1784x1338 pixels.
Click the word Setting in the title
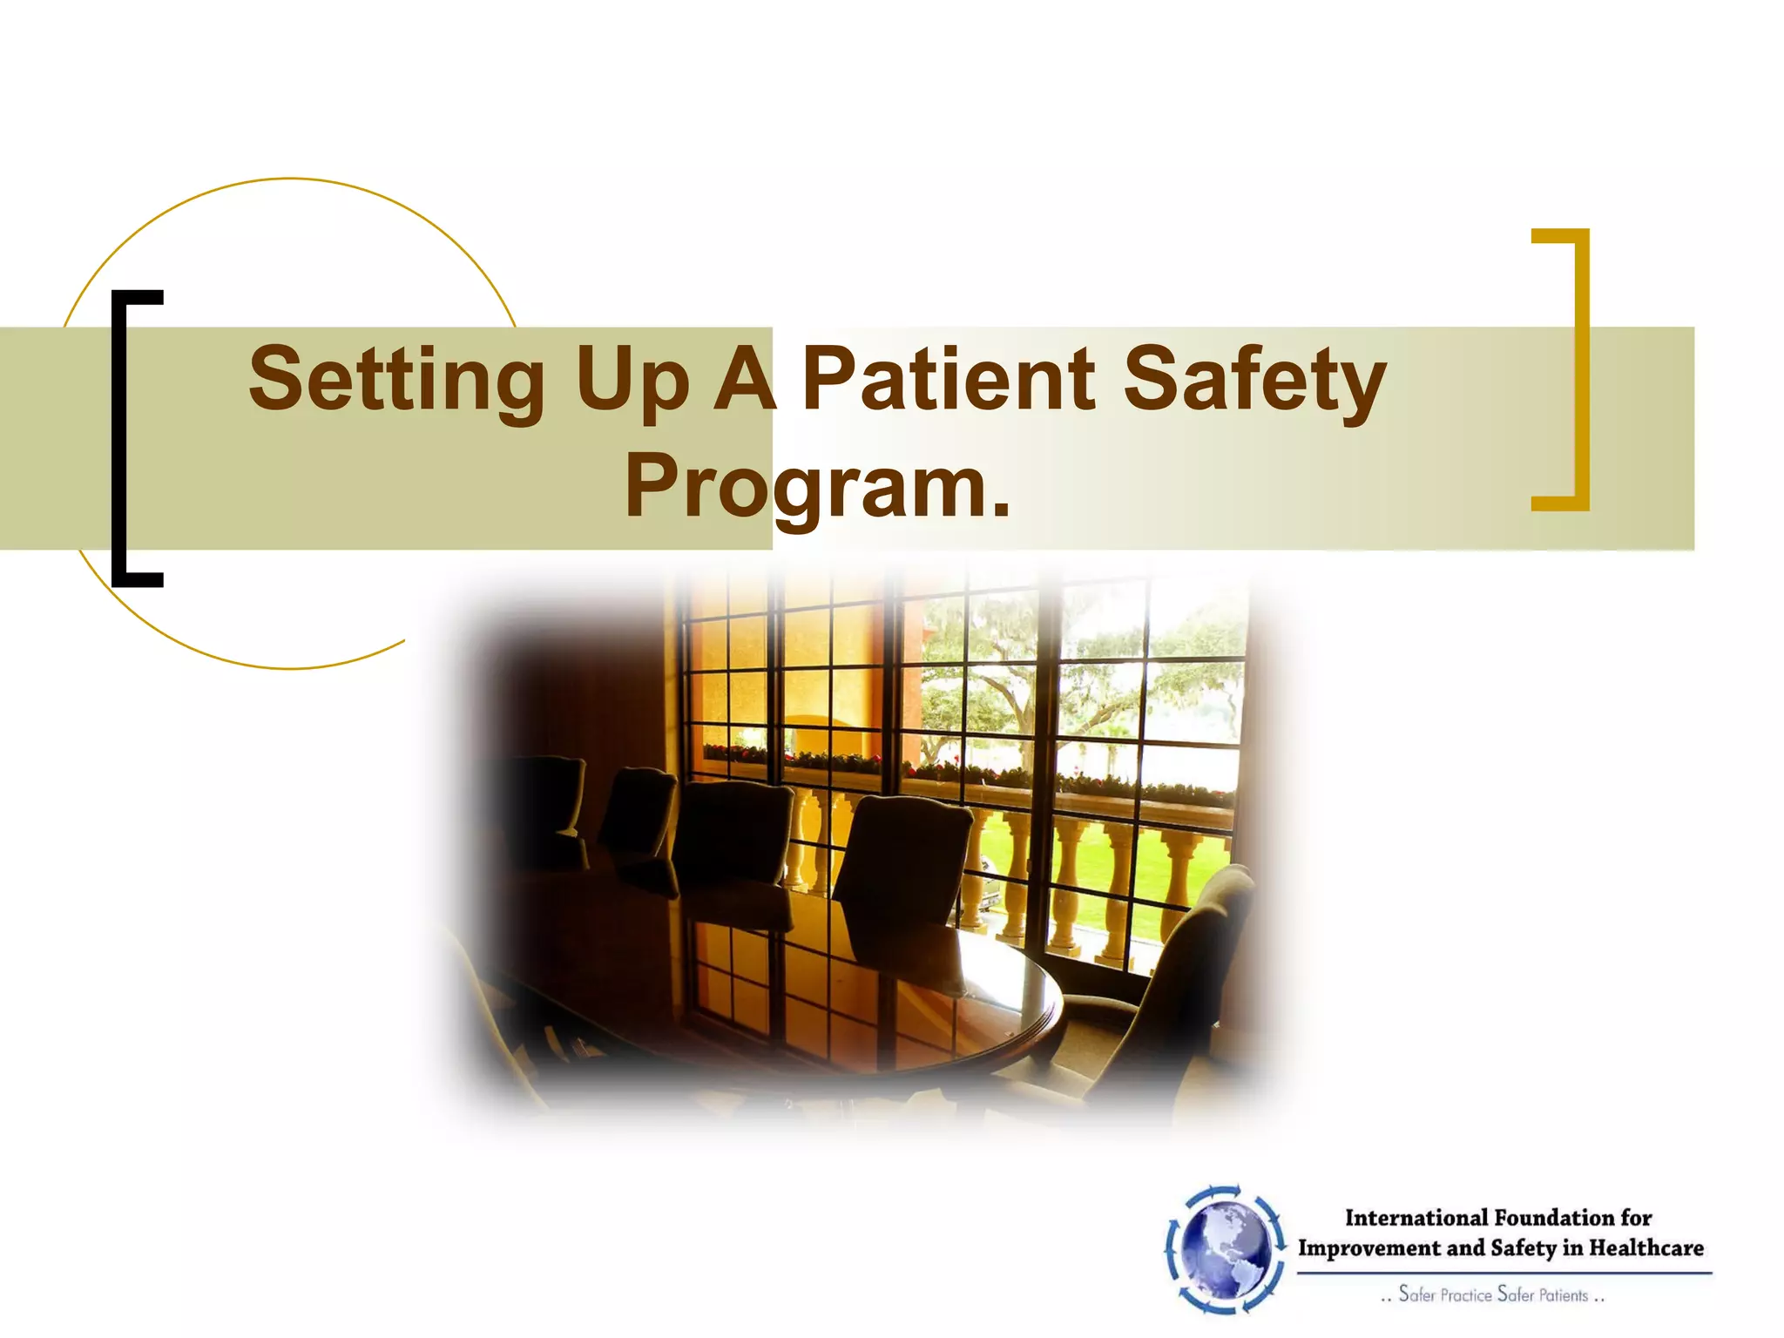point(396,380)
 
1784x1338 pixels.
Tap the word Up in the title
point(632,380)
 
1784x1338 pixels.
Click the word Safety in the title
point(1254,380)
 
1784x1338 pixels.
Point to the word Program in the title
point(806,487)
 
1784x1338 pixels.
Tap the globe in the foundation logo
point(1226,1247)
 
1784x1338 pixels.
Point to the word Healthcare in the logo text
point(1645,1248)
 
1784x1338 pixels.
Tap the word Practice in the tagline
point(1466,1295)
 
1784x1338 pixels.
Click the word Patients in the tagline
point(1564,1295)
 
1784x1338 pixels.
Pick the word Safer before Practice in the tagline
point(1416,1294)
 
